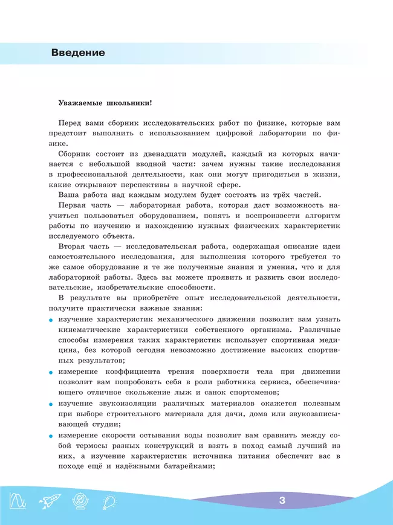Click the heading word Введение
[78, 53]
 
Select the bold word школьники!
[128, 104]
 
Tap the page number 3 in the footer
[282, 501]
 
